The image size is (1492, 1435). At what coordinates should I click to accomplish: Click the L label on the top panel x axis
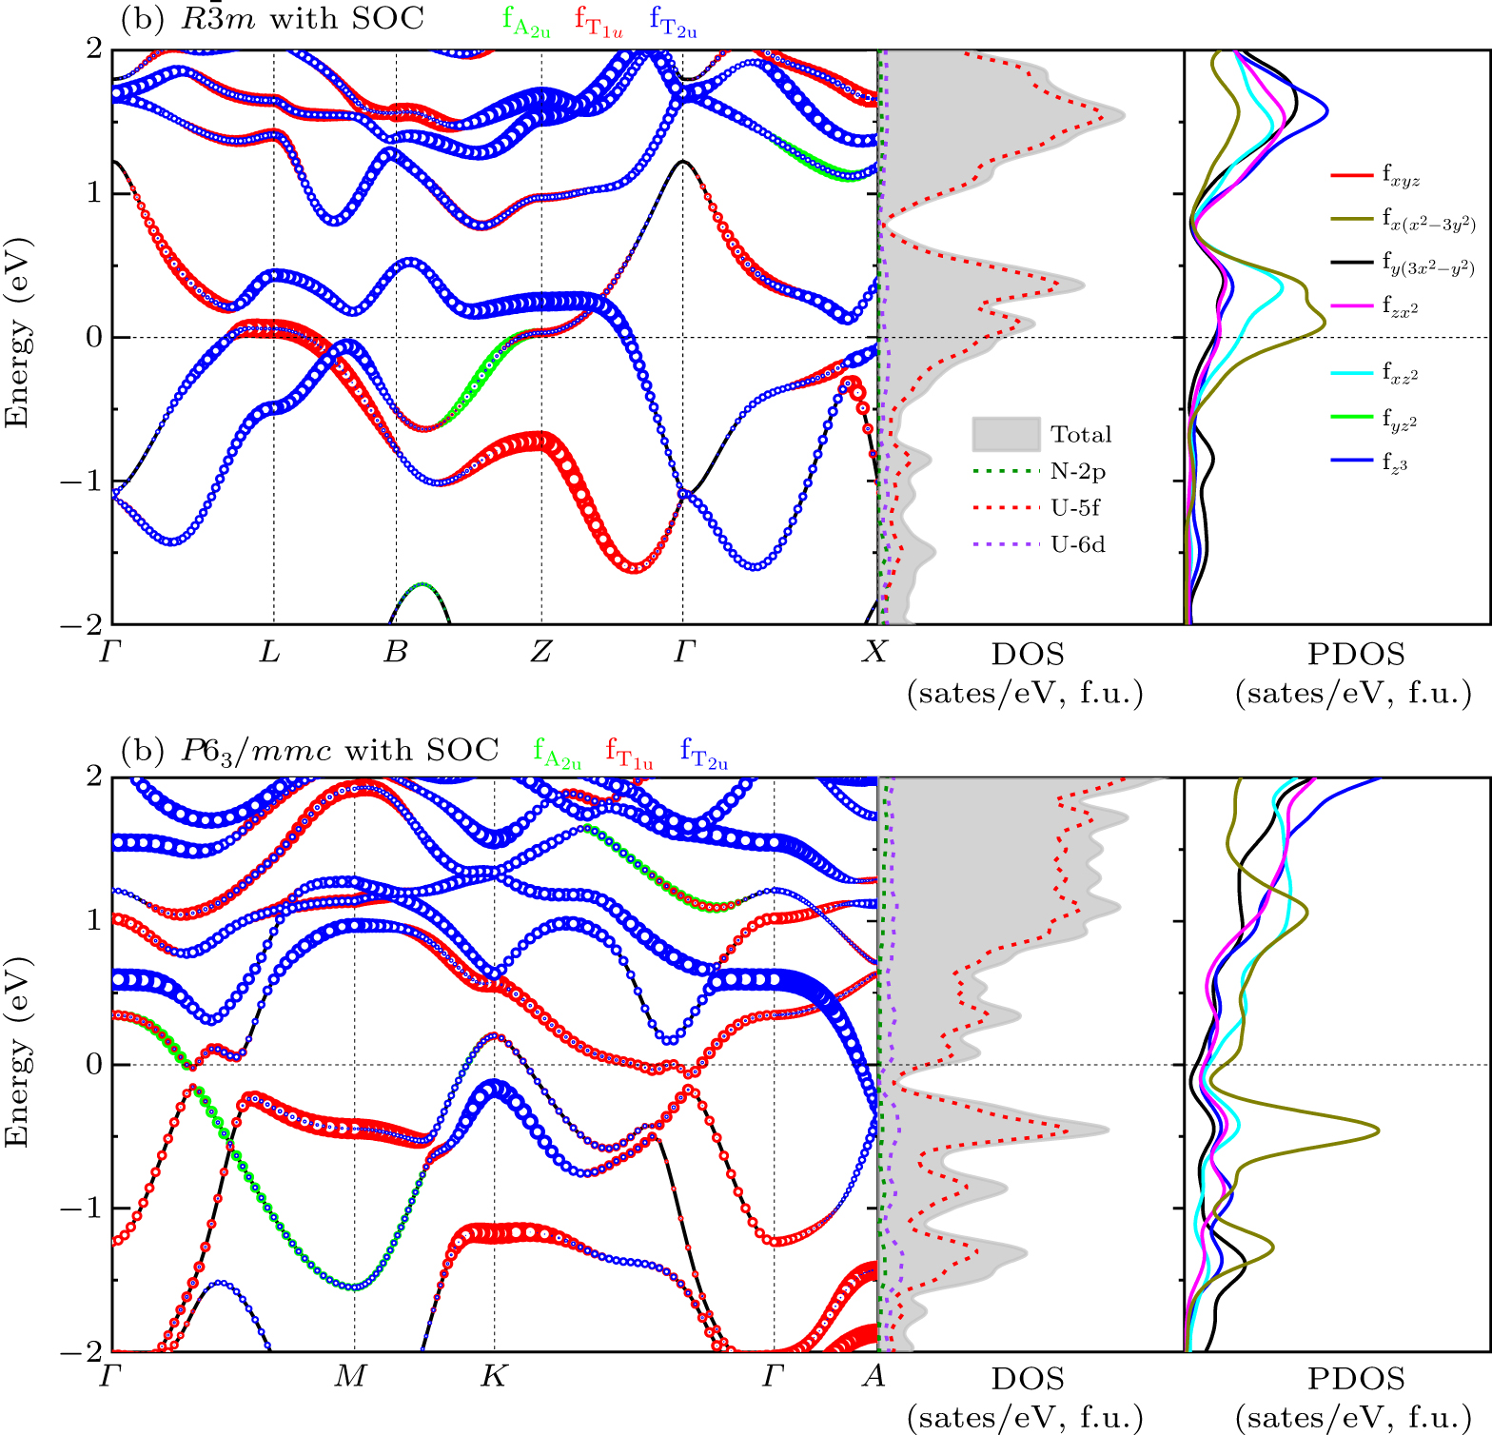point(270,652)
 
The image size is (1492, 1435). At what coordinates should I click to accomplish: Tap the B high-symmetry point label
point(395,652)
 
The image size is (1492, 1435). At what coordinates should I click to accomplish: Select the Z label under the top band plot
point(540,652)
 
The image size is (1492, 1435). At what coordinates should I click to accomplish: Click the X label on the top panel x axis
point(874,652)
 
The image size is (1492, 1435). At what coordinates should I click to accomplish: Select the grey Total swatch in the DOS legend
point(1006,434)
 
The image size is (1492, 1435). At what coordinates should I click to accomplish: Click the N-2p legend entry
point(1078,471)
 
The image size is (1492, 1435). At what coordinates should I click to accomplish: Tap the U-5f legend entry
point(1075,508)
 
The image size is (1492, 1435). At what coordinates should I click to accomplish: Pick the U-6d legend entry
point(1077,545)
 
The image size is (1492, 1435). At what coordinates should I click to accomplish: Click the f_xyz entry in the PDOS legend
point(1401,176)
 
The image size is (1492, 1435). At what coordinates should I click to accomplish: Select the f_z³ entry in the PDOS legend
point(1394,462)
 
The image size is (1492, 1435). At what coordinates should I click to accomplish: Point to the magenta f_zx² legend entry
point(1400,306)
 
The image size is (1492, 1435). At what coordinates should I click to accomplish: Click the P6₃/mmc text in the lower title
point(256,751)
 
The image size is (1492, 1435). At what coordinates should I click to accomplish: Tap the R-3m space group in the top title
point(218,19)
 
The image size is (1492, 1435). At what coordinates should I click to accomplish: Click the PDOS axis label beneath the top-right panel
point(1356,654)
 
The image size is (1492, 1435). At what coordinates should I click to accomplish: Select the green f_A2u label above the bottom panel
point(557,754)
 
